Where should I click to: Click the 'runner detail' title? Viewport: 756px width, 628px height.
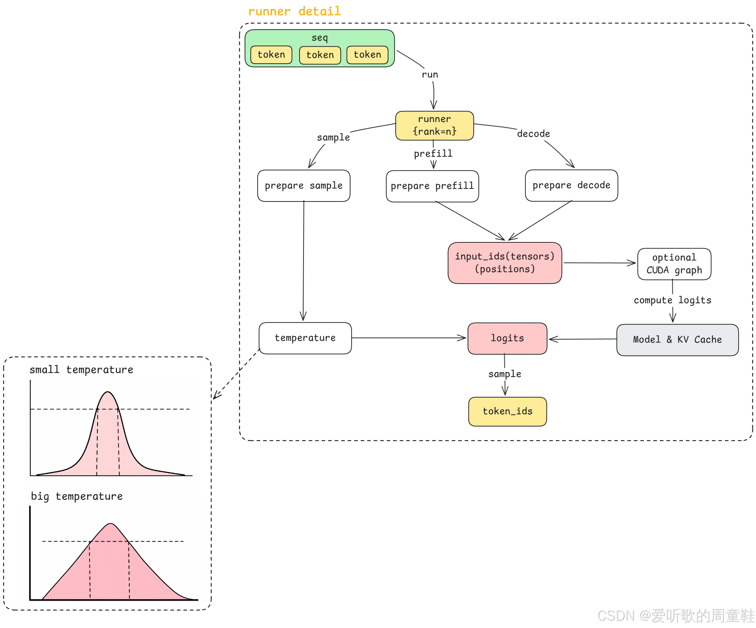coord(294,12)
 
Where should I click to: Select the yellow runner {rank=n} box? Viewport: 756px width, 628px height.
coord(434,126)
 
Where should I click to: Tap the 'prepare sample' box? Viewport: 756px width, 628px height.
coord(304,186)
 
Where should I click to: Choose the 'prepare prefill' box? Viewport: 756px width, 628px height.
coord(432,186)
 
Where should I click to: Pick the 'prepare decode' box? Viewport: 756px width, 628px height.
coord(571,185)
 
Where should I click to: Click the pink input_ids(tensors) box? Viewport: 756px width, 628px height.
coord(504,263)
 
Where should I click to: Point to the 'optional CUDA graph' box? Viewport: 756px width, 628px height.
coord(674,264)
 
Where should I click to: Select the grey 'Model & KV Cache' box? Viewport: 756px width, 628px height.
coord(677,340)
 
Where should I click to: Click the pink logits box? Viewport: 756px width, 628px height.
coord(507,338)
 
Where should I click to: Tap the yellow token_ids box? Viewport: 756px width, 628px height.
coord(507,411)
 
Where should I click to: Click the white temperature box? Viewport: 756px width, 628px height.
coord(305,338)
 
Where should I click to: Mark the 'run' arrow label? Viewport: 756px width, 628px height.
coord(430,75)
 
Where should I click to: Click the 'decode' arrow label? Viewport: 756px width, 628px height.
coord(533,134)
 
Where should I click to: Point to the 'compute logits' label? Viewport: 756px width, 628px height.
coord(672,300)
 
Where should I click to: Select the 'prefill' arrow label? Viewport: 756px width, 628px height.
coord(433,154)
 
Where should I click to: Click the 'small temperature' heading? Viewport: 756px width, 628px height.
coord(81,370)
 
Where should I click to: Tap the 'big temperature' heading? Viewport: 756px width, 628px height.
coord(77,496)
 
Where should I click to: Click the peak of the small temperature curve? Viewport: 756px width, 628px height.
coord(108,392)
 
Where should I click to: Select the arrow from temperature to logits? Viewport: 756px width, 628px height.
coord(408,338)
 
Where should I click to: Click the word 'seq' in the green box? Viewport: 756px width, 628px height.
coord(319,38)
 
